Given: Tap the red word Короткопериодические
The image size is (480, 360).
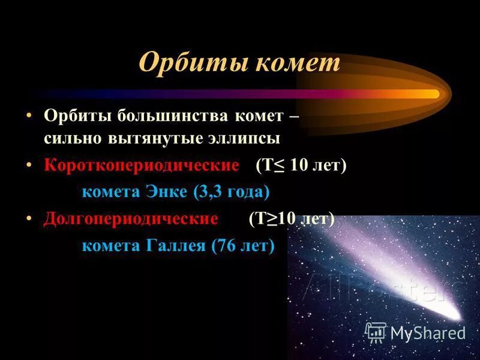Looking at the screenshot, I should tap(142, 165).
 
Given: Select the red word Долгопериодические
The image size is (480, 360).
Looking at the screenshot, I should tap(131, 218).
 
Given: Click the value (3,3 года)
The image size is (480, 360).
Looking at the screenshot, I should tap(231, 192).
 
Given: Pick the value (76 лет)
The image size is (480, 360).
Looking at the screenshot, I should tap(242, 245).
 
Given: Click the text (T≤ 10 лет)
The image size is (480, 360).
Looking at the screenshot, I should tap(301, 165).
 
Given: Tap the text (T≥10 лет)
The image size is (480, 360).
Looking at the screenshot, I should tap(292, 218).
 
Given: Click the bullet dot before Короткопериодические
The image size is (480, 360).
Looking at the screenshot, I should tap(29, 165).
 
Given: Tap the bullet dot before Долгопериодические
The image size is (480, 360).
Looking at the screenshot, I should tap(29, 218).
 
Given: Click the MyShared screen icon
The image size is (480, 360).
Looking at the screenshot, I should tap(376, 332).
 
